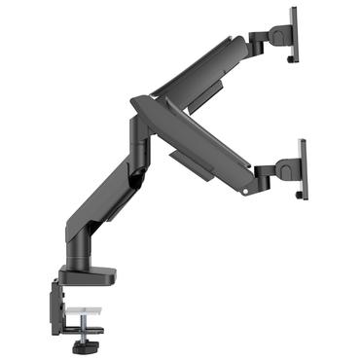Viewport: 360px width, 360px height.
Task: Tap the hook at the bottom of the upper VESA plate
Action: click(x=293, y=59)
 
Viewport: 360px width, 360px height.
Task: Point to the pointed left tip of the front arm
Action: click(x=133, y=97)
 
